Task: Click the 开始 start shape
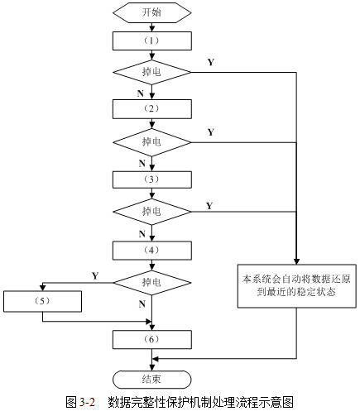pos(151,12)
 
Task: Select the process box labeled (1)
pos(151,40)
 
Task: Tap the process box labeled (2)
pos(151,108)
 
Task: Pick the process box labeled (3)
pos(151,179)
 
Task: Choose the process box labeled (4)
pos(151,248)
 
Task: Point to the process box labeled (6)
pos(151,339)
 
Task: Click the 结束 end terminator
pos(151,378)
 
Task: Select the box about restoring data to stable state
pos(295,285)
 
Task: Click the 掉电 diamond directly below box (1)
pos(151,73)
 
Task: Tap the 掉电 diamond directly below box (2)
pos(151,142)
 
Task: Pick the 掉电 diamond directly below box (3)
pos(151,213)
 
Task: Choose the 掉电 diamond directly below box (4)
pos(151,282)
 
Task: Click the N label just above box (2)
pos(142,94)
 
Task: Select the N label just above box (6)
pos(142,304)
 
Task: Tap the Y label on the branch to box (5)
pos(95,275)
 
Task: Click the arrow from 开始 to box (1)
pos(151,26)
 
